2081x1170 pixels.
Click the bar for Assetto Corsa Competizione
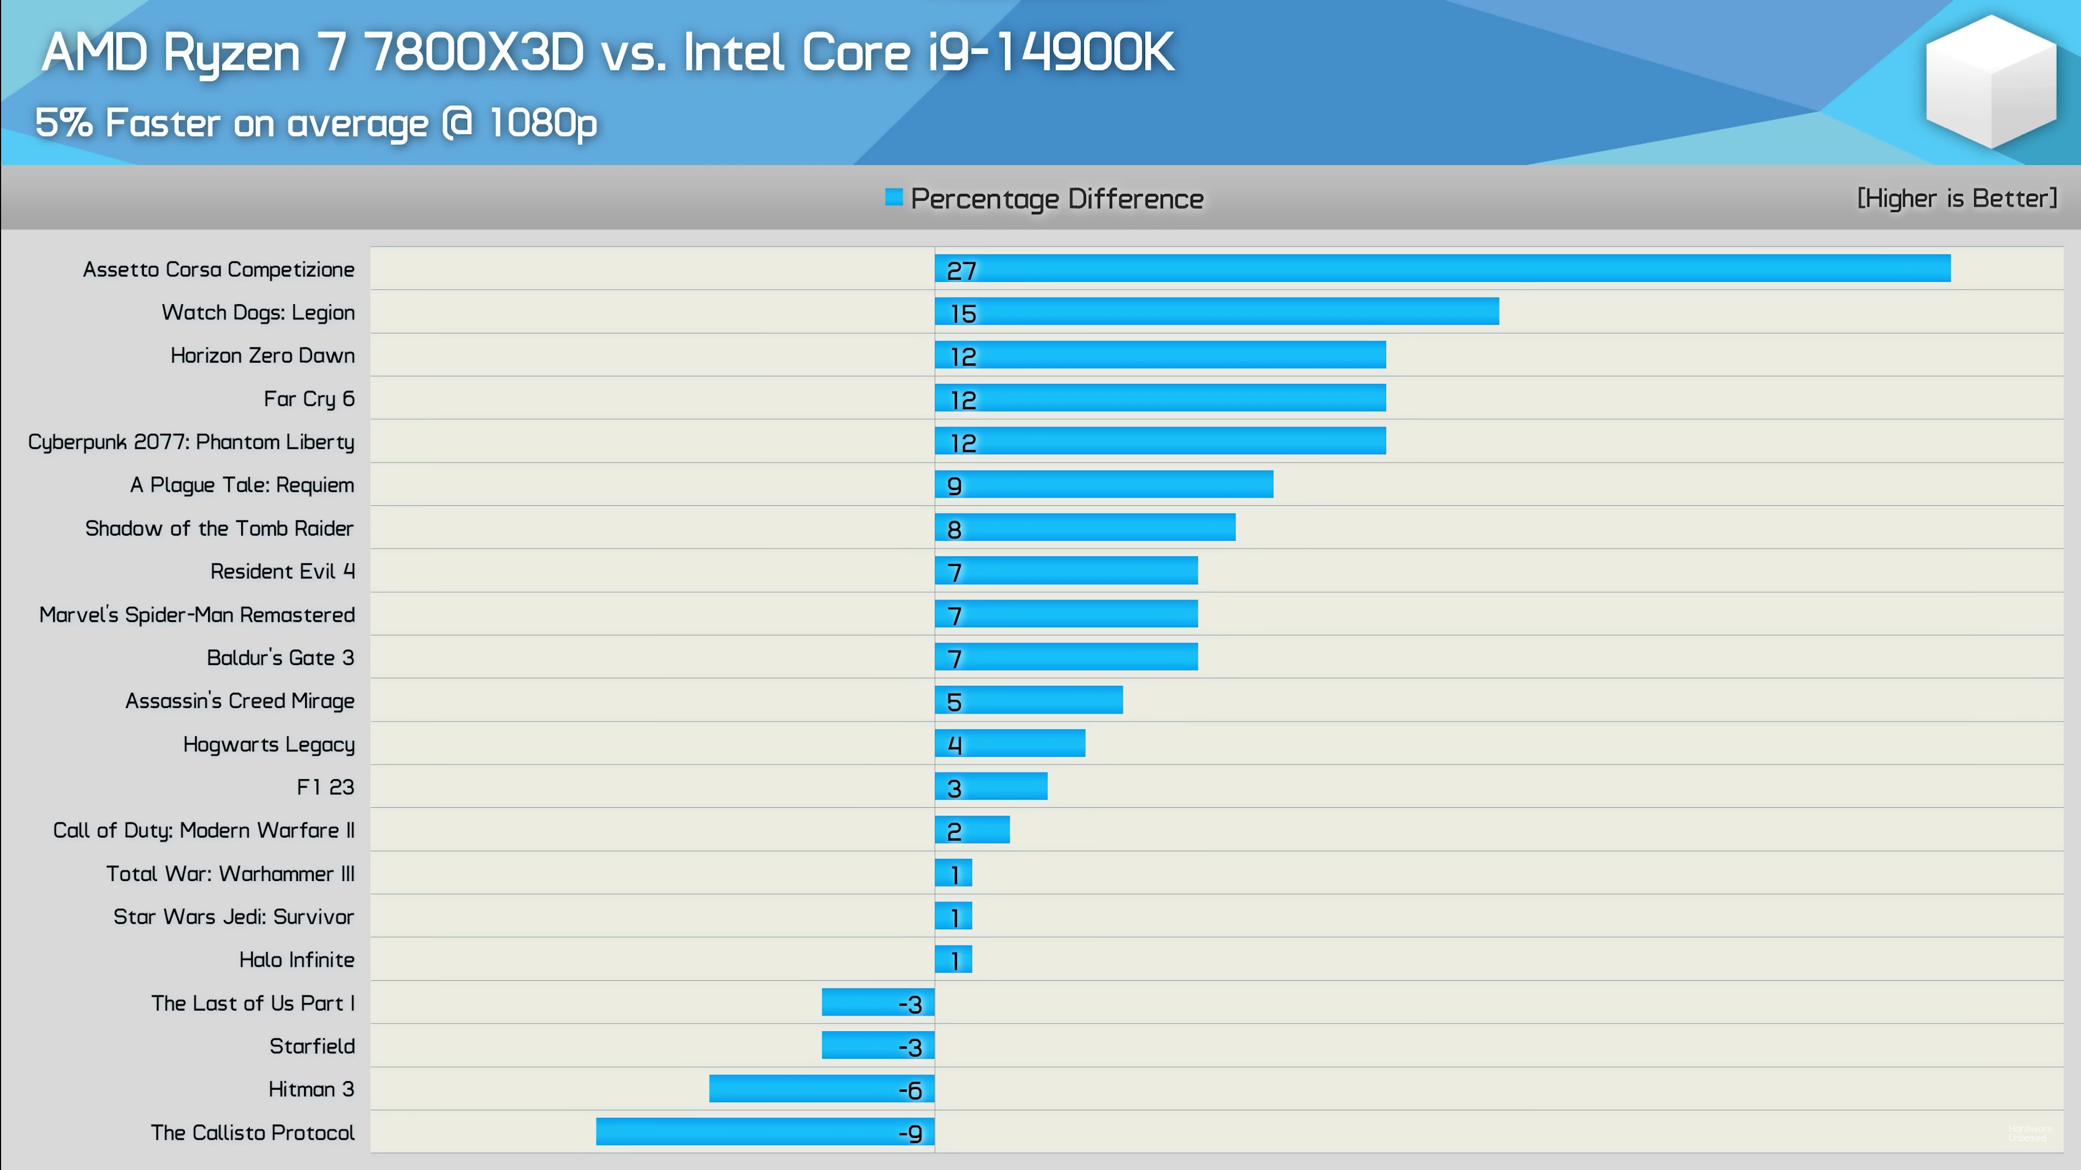[x=1442, y=268]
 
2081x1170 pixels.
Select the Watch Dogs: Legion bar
[x=1217, y=311]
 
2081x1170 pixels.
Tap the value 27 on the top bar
[x=961, y=271]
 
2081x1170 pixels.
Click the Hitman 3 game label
[x=311, y=1089]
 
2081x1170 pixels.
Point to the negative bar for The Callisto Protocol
[x=765, y=1131]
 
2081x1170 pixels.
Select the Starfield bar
[x=878, y=1045]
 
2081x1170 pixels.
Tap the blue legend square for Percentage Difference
[x=894, y=197]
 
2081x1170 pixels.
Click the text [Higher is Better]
[x=1956, y=198]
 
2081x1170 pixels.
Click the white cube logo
[x=1990, y=81]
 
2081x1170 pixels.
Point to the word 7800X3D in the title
[x=474, y=53]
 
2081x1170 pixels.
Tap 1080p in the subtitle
[x=543, y=123]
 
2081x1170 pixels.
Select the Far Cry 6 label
[x=308, y=398]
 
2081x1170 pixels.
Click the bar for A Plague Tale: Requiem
[x=1103, y=484]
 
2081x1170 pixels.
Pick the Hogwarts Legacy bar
[x=1010, y=743]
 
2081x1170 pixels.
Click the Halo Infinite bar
[x=953, y=959]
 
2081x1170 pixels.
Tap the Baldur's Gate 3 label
[x=280, y=658]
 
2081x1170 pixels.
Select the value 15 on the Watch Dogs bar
[x=963, y=313]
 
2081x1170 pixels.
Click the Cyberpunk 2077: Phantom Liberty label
[x=191, y=442]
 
